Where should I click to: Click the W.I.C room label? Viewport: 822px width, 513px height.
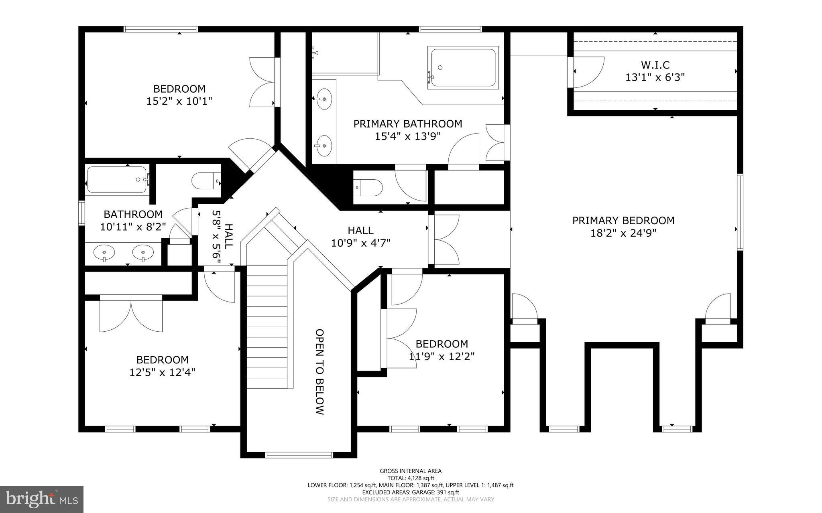point(655,65)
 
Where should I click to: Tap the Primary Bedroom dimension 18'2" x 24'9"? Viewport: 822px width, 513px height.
point(623,233)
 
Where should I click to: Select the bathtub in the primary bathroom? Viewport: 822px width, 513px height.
point(464,67)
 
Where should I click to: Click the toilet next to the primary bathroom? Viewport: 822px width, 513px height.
point(368,187)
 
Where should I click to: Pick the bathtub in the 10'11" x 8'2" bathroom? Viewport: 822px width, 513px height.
point(116,180)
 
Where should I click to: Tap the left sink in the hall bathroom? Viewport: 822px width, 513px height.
point(104,253)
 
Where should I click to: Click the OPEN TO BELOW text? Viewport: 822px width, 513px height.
point(319,372)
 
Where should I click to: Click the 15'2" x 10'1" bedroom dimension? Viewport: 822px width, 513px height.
point(179,101)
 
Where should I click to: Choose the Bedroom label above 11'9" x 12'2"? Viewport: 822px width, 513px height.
point(442,344)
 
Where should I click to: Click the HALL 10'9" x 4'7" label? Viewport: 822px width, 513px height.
point(360,237)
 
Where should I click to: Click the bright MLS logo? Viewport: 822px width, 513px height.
point(41,499)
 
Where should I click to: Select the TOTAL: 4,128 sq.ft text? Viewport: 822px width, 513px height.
point(411,478)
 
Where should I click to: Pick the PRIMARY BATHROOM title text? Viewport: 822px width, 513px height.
point(407,124)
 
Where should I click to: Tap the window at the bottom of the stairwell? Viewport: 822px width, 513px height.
point(299,455)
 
